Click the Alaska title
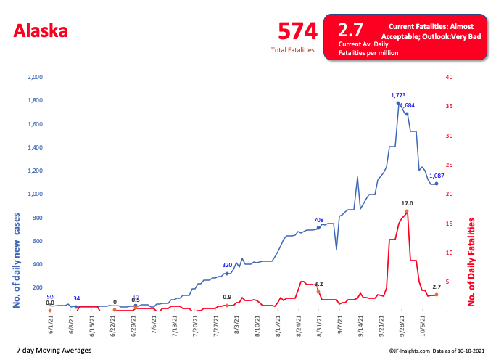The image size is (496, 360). click(41, 31)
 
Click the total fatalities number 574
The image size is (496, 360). click(298, 31)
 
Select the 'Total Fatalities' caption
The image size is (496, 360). click(293, 50)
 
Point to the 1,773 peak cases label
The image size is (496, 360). click(398, 95)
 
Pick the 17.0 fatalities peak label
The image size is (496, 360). click(407, 203)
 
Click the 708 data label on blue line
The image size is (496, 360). click(318, 219)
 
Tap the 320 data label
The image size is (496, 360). click(227, 265)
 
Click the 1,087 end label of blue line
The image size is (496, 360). click(437, 176)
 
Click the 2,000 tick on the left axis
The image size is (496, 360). click(35, 77)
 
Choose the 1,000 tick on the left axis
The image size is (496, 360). click(35, 195)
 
